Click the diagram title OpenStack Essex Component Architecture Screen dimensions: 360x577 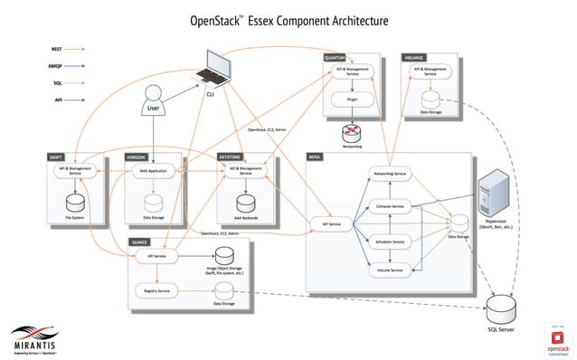[x=288, y=19]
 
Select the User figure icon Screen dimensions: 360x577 [x=154, y=100]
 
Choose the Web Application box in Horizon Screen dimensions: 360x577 [x=154, y=170]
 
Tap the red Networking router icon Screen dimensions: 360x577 [x=352, y=130]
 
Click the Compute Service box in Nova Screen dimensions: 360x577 [x=389, y=207]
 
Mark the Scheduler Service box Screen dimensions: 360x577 [x=389, y=241]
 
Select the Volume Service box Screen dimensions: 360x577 [x=389, y=270]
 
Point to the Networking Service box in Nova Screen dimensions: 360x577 [x=389, y=173]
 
